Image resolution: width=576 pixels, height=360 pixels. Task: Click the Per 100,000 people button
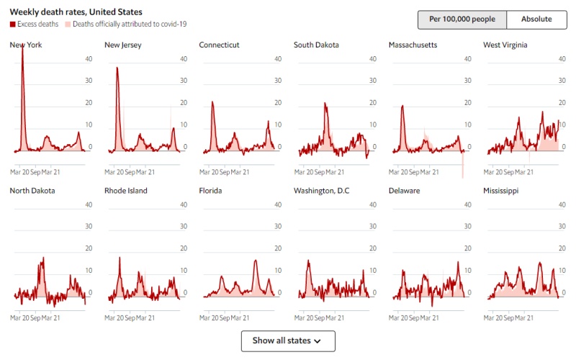pos(462,19)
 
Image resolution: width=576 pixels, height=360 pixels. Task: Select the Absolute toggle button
pos(536,19)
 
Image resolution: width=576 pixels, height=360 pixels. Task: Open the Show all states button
pos(288,341)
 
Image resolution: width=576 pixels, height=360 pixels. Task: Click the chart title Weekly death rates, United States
pos(76,12)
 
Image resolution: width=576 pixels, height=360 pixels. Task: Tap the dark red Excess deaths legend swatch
pos(12,24)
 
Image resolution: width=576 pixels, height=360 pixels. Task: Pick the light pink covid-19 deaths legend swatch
pos(68,24)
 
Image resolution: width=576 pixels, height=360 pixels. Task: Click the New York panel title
pos(25,45)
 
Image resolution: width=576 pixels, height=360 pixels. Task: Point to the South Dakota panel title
pos(316,45)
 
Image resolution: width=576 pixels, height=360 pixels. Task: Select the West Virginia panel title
pos(505,45)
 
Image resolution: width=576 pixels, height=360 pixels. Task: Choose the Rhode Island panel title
pos(126,191)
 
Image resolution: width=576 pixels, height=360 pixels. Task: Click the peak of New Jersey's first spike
pos(117,68)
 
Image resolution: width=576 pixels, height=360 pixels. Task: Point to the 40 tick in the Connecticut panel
pos(277,58)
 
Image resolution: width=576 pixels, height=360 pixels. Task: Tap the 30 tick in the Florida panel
pos(277,227)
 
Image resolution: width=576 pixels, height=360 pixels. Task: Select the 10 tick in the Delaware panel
pos(467,271)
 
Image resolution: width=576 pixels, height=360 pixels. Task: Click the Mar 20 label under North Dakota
pos(20,318)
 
